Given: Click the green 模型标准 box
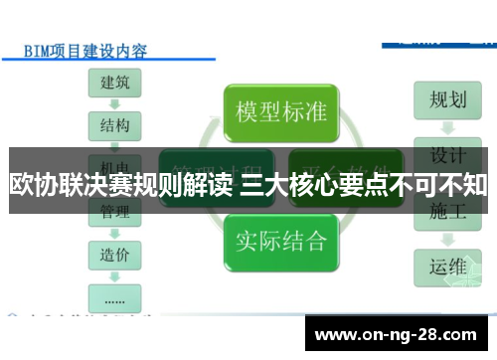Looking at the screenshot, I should tap(280, 110).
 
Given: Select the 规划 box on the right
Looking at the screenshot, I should tap(447, 100).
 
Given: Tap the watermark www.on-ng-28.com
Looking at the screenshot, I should tap(399, 333).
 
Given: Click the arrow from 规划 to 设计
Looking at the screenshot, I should tap(447, 127).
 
